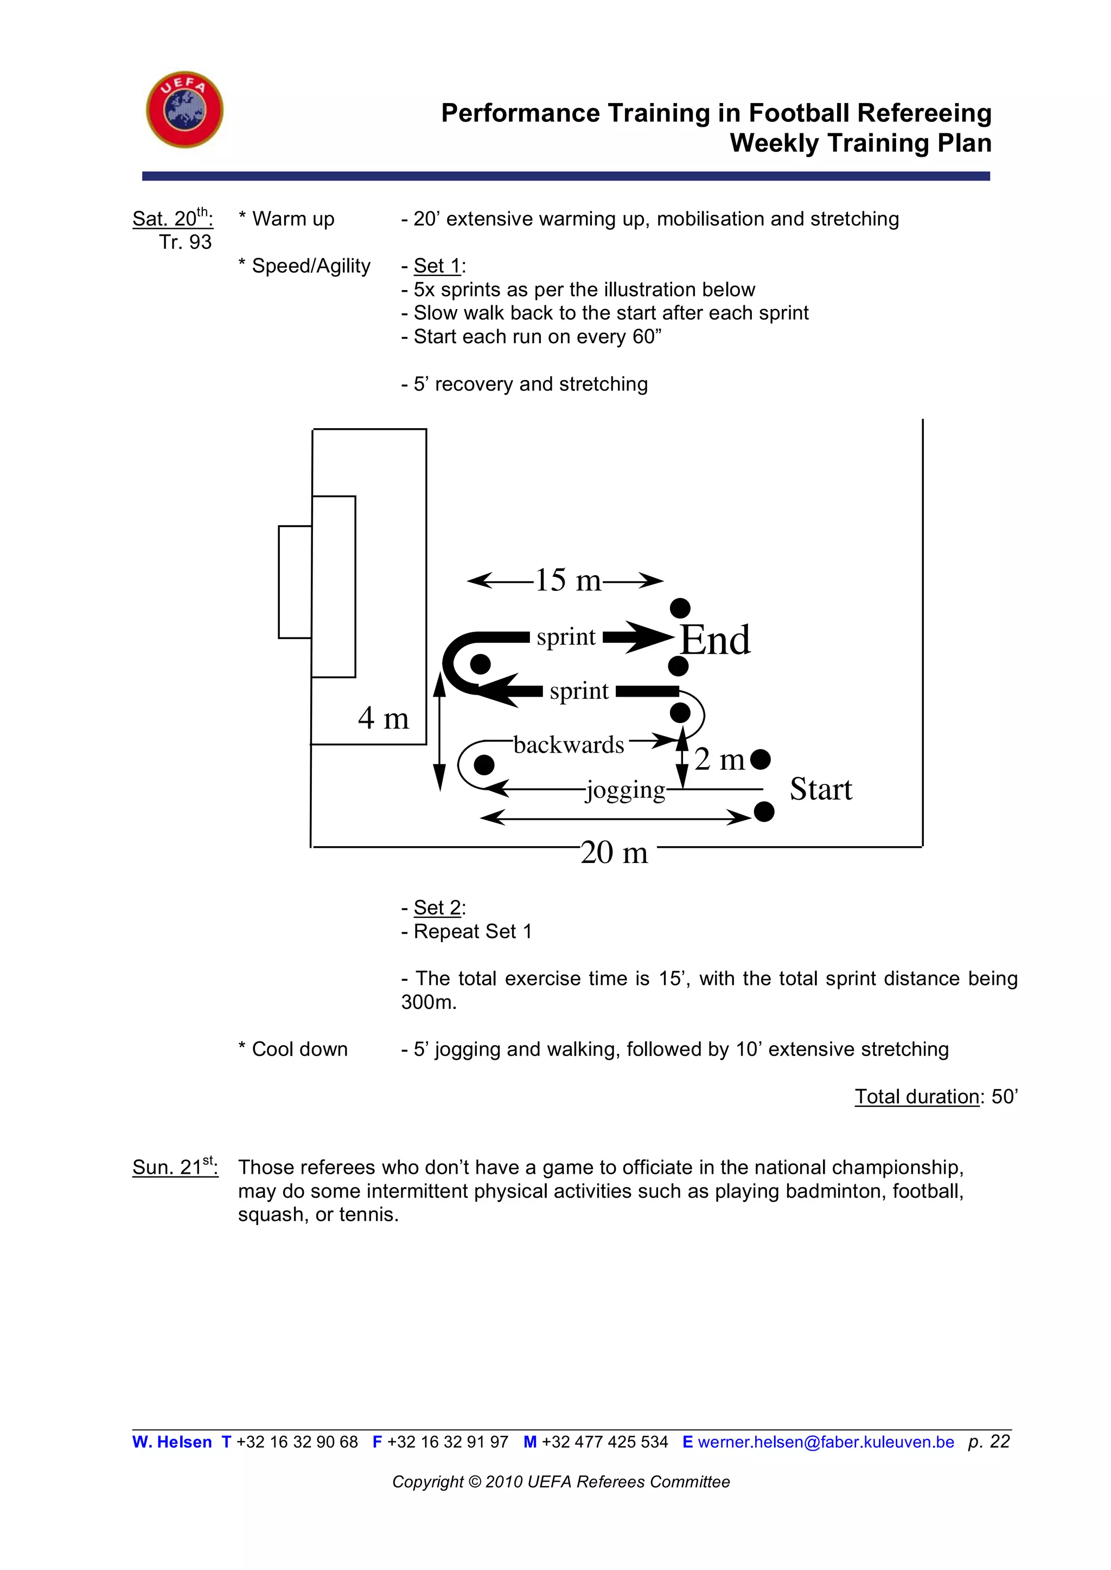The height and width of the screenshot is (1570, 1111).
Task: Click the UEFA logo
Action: point(184,110)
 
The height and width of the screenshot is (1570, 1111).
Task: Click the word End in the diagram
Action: point(715,641)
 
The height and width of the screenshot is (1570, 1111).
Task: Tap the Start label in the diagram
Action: point(820,789)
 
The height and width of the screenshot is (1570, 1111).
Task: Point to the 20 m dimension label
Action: point(614,853)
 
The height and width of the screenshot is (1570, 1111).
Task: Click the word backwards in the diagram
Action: point(569,745)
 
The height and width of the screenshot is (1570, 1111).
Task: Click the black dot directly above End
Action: point(679,607)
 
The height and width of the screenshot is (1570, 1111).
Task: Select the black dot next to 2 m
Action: point(760,759)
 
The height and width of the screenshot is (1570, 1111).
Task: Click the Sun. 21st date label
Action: point(175,1167)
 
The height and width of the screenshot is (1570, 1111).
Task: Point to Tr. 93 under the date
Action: point(186,242)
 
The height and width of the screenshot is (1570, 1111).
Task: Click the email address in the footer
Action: point(826,1442)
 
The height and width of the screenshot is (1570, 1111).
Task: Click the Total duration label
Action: point(917,1097)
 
